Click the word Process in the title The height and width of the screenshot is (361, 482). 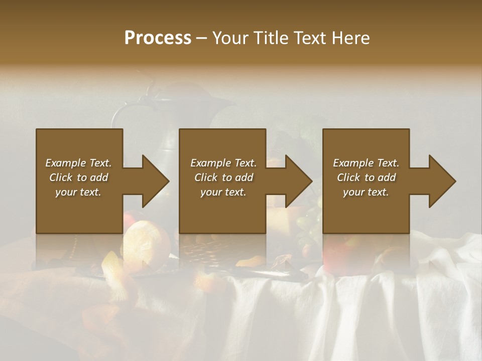click(x=158, y=38)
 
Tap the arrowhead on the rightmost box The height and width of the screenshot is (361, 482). click(x=441, y=181)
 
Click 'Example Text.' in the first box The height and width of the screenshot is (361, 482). click(x=78, y=163)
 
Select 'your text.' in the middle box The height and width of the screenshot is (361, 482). click(x=223, y=192)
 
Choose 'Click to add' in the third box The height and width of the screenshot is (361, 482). click(x=366, y=177)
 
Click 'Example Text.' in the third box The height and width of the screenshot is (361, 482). click(x=366, y=163)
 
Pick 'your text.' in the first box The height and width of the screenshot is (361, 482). click(x=78, y=192)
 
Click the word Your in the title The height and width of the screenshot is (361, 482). click(x=230, y=38)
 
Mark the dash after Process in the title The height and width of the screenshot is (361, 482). click(x=201, y=38)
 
